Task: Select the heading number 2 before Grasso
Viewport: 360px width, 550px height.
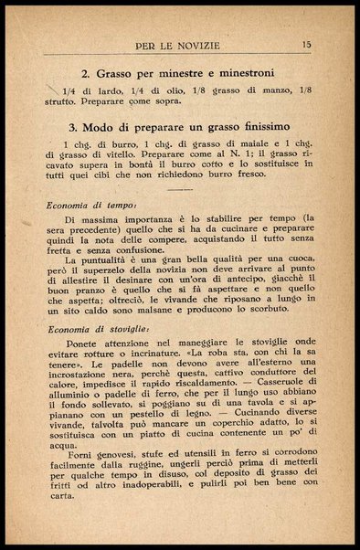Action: (x=84, y=72)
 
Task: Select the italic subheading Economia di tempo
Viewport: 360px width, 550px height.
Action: (x=90, y=206)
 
